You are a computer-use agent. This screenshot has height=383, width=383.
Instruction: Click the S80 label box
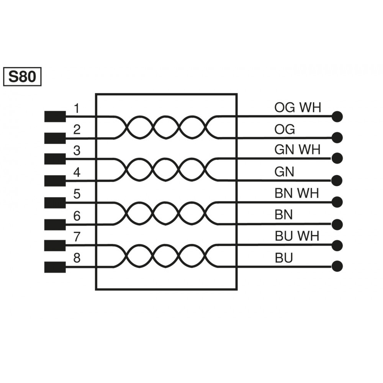(x=22, y=77)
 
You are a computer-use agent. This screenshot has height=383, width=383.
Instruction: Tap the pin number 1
(x=77, y=109)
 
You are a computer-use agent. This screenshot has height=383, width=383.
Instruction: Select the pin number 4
(x=77, y=172)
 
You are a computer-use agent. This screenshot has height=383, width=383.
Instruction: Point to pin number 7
(x=77, y=237)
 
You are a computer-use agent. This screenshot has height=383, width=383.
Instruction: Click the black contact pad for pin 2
(x=55, y=138)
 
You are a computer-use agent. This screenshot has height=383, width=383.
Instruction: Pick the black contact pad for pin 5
(x=55, y=202)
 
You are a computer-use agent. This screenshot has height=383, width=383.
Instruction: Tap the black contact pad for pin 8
(x=55, y=267)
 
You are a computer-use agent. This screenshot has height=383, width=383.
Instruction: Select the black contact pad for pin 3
(x=55, y=159)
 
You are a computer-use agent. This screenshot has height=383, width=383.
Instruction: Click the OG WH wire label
(x=298, y=108)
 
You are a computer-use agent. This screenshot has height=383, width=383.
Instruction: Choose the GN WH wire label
(x=297, y=150)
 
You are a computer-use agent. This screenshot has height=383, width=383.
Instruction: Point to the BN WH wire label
(x=297, y=193)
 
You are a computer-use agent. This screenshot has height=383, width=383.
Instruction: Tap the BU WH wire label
(x=297, y=236)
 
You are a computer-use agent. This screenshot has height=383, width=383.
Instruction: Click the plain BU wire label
(x=284, y=258)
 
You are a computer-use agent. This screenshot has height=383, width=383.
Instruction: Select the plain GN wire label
(x=284, y=172)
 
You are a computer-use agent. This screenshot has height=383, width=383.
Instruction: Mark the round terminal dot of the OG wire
(x=337, y=137)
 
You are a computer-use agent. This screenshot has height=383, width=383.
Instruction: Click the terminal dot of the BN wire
(x=337, y=224)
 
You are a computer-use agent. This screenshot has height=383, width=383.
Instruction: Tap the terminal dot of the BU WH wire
(x=337, y=245)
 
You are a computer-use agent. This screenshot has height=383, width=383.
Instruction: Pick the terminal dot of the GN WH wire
(x=337, y=158)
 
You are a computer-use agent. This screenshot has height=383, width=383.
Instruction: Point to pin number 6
(x=77, y=216)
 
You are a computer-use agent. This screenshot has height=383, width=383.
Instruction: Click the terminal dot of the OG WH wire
(x=337, y=116)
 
